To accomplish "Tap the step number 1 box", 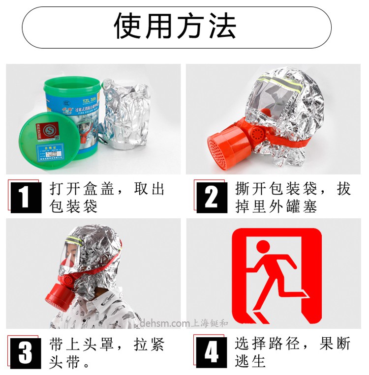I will pos(26,197).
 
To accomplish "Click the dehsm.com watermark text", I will pos(165,323).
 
